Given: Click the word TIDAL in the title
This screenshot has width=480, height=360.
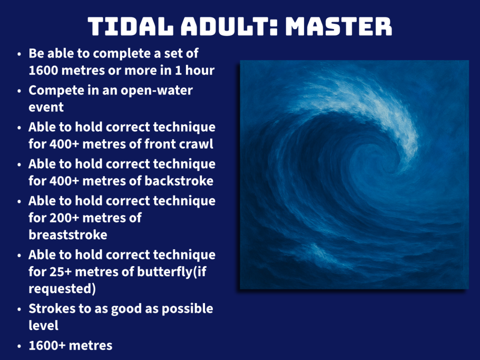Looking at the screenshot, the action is point(131,27).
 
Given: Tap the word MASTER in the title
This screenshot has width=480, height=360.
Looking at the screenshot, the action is point(339,27).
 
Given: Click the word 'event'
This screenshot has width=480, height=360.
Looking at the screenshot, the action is point(46,107).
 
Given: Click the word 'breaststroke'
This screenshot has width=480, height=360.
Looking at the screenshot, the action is point(68,235).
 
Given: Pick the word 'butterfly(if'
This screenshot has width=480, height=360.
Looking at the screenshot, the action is point(171,272).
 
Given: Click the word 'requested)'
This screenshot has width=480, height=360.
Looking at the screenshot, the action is point(62,289).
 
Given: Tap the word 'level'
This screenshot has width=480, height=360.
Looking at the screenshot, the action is point(44,325).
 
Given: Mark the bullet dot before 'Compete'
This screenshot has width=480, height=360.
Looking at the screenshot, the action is point(19,91).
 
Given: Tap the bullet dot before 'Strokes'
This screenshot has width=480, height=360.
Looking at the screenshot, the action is point(19,309).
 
